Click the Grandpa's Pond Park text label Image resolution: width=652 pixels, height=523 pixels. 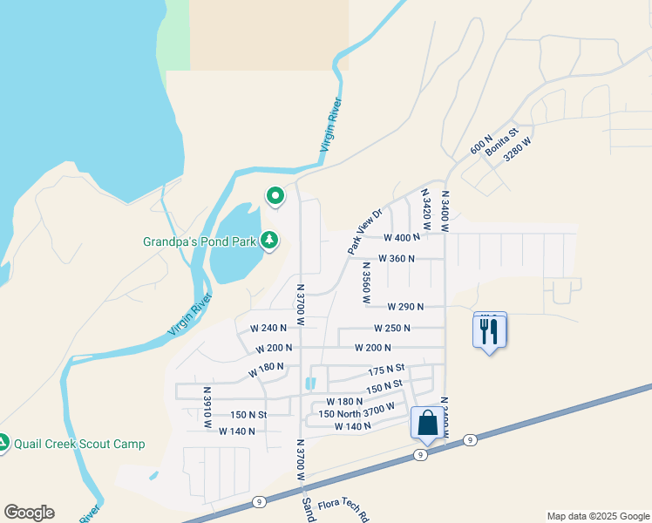pyautogui.click(x=200, y=241)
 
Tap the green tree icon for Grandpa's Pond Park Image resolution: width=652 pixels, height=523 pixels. pyautogui.click(x=269, y=239)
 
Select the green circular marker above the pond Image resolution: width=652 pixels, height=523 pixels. pyautogui.click(x=275, y=196)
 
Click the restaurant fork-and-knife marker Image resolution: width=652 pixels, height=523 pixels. pyautogui.click(x=489, y=331)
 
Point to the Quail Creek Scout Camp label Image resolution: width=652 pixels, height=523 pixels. pyautogui.click(x=79, y=444)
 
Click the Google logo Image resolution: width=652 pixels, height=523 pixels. pyautogui.click(x=29, y=513)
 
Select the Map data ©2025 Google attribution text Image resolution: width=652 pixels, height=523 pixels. pyautogui.click(x=598, y=516)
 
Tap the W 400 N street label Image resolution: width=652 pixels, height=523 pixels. pyautogui.click(x=402, y=237)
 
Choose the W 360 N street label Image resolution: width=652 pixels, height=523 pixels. pyautogui.click(x=396, y=259)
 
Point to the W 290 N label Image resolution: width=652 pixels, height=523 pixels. pyautogui.click(x=405, y=307)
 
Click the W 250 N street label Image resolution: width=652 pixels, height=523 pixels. pyautogui.click(x=392, y=329)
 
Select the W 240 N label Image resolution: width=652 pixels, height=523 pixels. pyautogui.click(x=268, y=329)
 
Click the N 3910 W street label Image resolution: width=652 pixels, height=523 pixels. pyautogui.click(x=207, y=408)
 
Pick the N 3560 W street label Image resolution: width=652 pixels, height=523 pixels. pyautogui.click(x=367, y=282)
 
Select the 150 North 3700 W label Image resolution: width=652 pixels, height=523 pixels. pyautogui.click(x=357, y=411)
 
